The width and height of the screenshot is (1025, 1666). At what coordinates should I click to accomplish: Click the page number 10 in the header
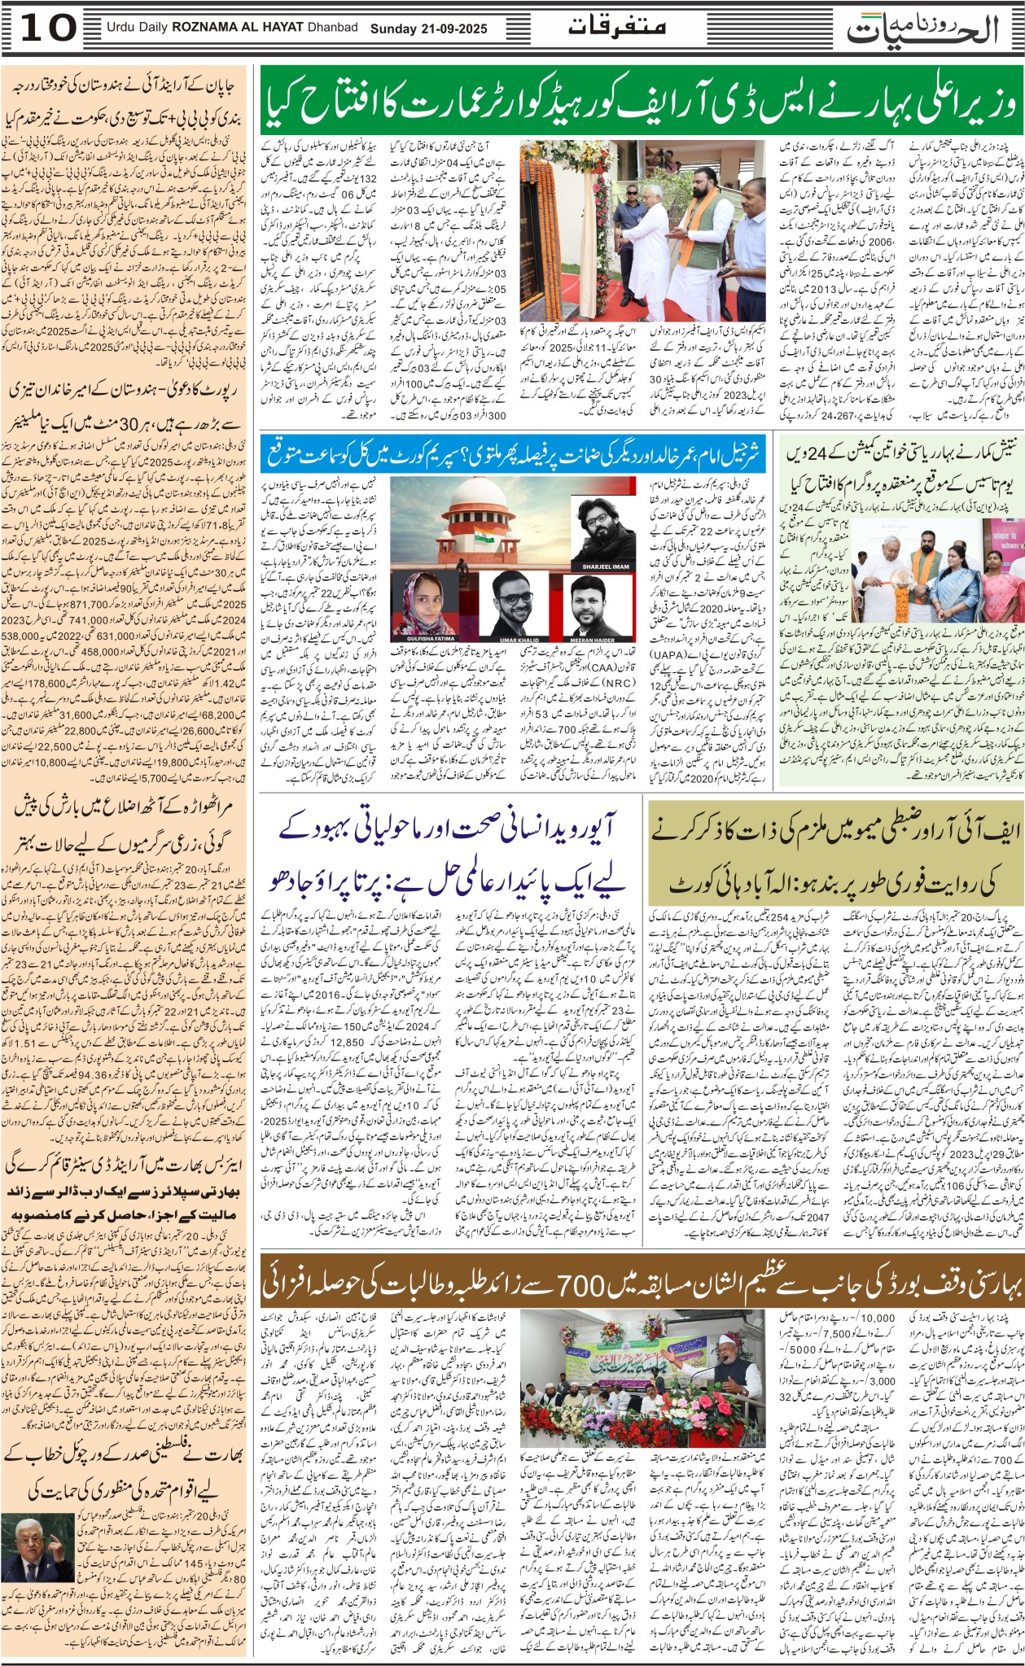tap(47, 28)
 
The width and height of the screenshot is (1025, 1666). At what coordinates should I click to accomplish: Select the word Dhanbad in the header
tap(332, 28)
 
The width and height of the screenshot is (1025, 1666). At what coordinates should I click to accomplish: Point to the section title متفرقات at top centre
tap(616, 27)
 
